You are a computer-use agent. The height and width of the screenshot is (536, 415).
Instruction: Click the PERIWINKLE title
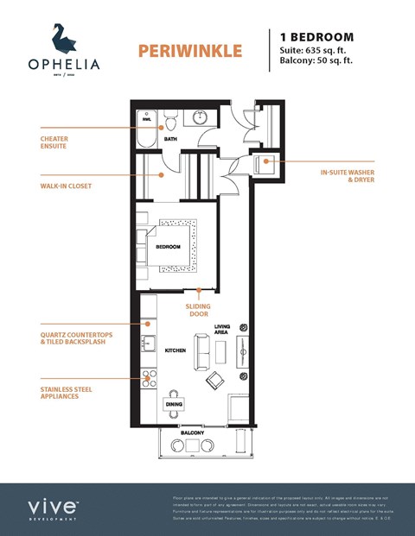tap(189, 51)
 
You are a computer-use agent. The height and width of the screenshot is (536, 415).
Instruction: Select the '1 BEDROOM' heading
tap(316, 37)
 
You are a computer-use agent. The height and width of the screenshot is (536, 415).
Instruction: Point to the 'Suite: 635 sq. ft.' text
tap(317, 51)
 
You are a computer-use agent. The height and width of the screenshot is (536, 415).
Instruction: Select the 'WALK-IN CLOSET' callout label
tap(66, 186)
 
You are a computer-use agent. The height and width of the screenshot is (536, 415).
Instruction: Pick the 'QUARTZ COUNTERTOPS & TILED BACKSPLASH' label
tap(76, 339)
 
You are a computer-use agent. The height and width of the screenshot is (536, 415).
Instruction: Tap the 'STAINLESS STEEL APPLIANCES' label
tap(66, 394)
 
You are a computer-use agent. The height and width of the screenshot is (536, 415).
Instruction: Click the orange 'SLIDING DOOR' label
tap(199, 310)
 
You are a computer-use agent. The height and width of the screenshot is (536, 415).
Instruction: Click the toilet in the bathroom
tap(171, 120)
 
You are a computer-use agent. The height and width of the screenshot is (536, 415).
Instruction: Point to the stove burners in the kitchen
tap(149, 377)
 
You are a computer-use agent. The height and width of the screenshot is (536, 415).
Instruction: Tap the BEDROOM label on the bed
tap(168, 248)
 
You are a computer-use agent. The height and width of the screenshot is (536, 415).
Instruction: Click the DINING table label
tap(174, 403)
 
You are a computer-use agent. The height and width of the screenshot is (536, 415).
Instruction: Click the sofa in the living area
tap(202, 349)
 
